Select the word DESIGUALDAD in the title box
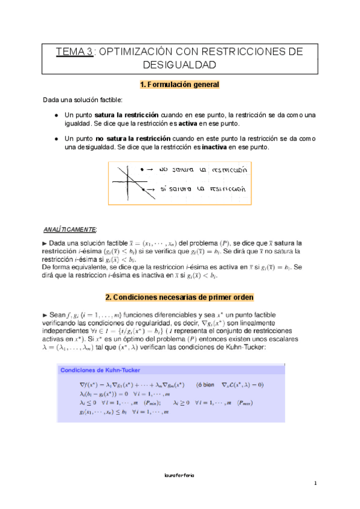[x=179, y=64]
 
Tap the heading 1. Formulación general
[x=179, y=85]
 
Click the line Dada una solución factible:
[x=82, y=100]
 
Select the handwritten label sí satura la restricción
[x=204, y=188]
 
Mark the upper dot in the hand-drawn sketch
[x=142, y=170]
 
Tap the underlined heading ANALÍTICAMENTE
[x=70, y=229]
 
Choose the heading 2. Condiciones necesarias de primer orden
[x=179, y=297]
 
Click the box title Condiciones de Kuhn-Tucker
[x=100, y=370]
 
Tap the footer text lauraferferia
[x=179, y=474]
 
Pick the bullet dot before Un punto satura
[x=56, y=115]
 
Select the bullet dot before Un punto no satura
[x=56, y=138]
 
